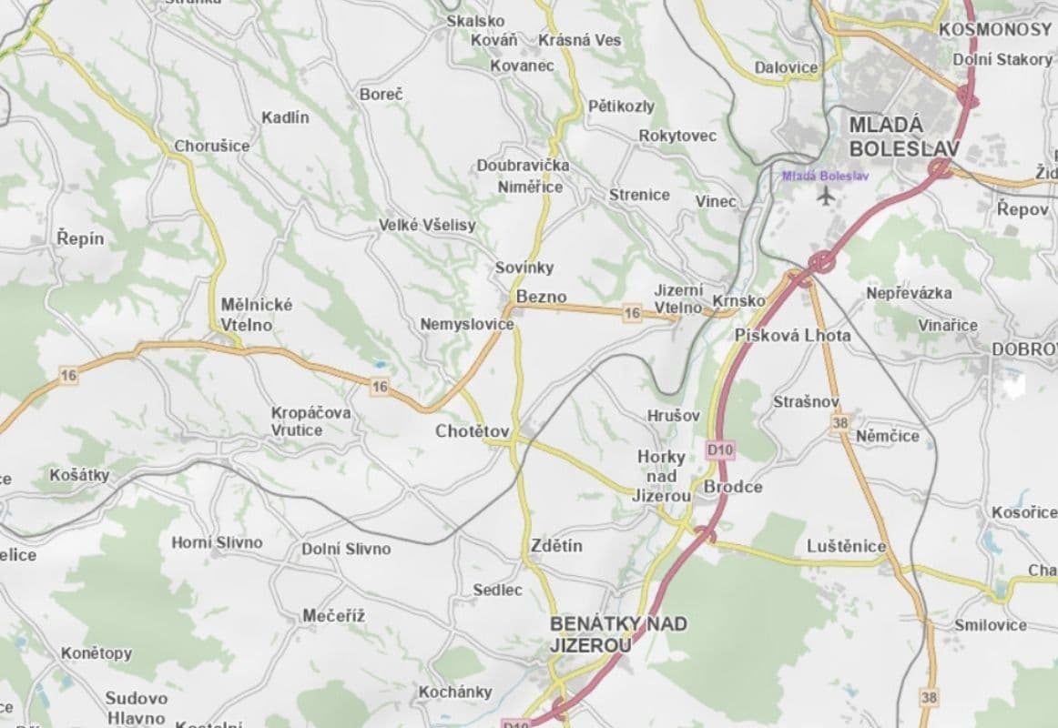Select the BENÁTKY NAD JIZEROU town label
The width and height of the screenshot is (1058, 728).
pyautogui.click(x=618, y=634)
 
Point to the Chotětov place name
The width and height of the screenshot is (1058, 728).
pyautogui.click(x=472, y=430)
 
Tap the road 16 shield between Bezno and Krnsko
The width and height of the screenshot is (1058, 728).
pyautogui.click(x=632, y=313)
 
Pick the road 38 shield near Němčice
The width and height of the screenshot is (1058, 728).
pyautogui.click(x=840, y=422)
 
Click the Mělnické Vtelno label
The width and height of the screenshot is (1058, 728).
pyautogui.click(x=257, y=313)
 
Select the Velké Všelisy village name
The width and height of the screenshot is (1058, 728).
pyautogui.click(x=427, y=226)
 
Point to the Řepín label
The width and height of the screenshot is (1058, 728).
pyautogui.click(x=80, y=239)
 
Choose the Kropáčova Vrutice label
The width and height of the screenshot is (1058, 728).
pyautogui.click(x=310, y=420)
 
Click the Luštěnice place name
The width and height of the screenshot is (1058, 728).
pyautogui.click(x=847, y=546)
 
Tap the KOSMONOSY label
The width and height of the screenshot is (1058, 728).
pyautogui.click(x=995, y=29)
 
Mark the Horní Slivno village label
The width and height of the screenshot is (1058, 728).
pyautogui.click(x=217, y=542)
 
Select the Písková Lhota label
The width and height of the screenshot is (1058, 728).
pyautogui.click(x=793, y=335)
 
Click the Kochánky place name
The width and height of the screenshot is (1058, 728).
pyautogui.click(x=455, y=692)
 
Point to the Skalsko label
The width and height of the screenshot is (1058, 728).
pyautogui.click(x=475, y=20)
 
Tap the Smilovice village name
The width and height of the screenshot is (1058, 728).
pyautogui.click(x=991, y=625)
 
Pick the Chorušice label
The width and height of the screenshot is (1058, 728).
pyautogui.click(x=212, y=146)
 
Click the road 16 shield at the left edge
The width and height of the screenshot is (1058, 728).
pyautogui.click(x=67, y=374)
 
